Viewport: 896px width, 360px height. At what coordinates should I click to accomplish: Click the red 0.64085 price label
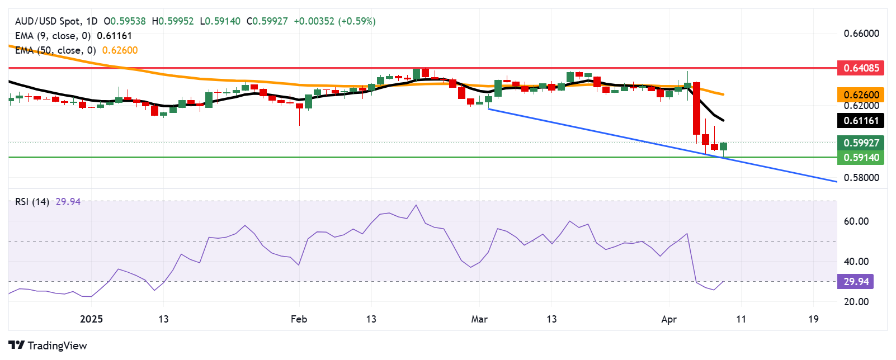click(861, 68)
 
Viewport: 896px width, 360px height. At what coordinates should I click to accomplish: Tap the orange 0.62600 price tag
click(861, 95)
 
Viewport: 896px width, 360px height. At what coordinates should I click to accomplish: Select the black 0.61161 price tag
click(861, 121)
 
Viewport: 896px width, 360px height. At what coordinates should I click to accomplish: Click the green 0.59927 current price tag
click(861, 143)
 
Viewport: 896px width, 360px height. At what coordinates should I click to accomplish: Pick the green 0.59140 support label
click(861, 158)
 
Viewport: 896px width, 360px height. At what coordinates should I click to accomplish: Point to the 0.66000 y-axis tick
click(861, 34)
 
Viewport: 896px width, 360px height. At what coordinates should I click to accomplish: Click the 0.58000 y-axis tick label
click(861, 178)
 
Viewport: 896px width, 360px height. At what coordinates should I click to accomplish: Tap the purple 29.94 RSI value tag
click(855, 282)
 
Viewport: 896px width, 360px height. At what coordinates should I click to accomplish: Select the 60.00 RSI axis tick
click(856, 221)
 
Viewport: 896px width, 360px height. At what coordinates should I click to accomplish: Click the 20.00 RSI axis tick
click(856, 302)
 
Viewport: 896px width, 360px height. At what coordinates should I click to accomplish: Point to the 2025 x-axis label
click(91, 319)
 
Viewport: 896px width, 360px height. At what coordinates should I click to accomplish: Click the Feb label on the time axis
click(299, 319)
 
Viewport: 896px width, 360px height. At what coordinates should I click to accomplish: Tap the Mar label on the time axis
click(479, 319)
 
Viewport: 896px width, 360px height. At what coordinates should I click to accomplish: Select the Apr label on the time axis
click(669, 319)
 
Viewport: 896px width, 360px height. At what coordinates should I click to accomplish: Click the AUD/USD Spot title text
click(48, 21)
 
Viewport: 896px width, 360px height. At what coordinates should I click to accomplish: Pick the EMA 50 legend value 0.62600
click(120, 50)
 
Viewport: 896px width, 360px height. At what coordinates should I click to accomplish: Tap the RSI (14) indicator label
click(32, 202)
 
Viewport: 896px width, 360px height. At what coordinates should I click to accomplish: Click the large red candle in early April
click(696, 108)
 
